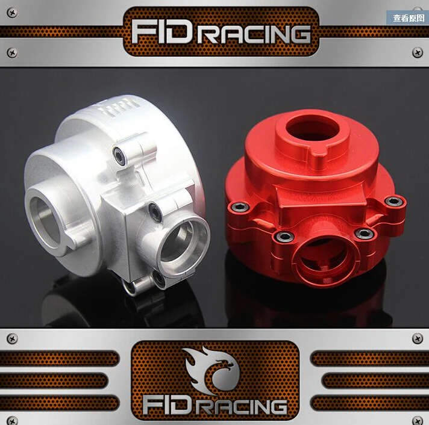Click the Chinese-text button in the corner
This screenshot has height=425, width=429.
(407, 17)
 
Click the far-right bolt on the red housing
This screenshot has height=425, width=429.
(394, 201)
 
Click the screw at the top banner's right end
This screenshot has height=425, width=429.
(417, 53)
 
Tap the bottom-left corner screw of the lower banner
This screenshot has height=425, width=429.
(11, 420)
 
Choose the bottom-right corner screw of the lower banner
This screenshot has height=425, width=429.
(417, 420)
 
